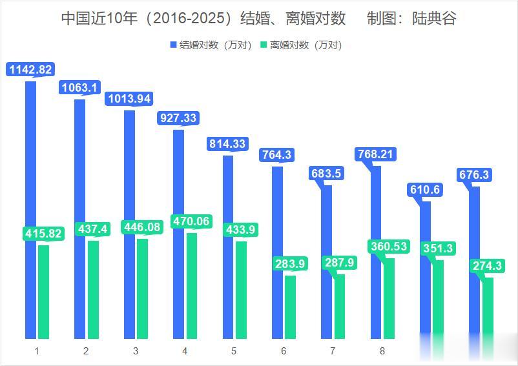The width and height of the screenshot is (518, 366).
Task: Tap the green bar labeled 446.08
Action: pyautogui.click(x=142, y=289)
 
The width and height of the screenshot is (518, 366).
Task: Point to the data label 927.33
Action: pyautogui.click(x=176, y=118)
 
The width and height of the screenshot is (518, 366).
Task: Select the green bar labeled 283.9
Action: pyautogui.click(x=290, y=307)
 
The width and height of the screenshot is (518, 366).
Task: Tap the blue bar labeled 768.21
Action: pyautogui.click(x=377, y=252)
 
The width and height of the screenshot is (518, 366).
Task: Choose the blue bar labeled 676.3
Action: pyautogui.click(x=475, y=262)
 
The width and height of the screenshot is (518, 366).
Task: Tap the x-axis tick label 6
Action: pyautogui.click(x=284, y=351)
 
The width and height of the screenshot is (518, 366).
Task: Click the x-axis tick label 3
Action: pyautogui.click(x=136, y=351)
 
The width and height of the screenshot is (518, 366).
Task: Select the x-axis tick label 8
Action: pyautogui.click(x=382, y=351)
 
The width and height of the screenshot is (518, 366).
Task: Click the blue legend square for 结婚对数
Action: pyautogui.click(x=173, y=45)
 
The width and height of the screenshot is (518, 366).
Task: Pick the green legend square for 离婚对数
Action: pyautogui.click(x=264, y=45)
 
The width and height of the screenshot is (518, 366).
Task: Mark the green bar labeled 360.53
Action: pyautogui.click(x=389, y=298)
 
